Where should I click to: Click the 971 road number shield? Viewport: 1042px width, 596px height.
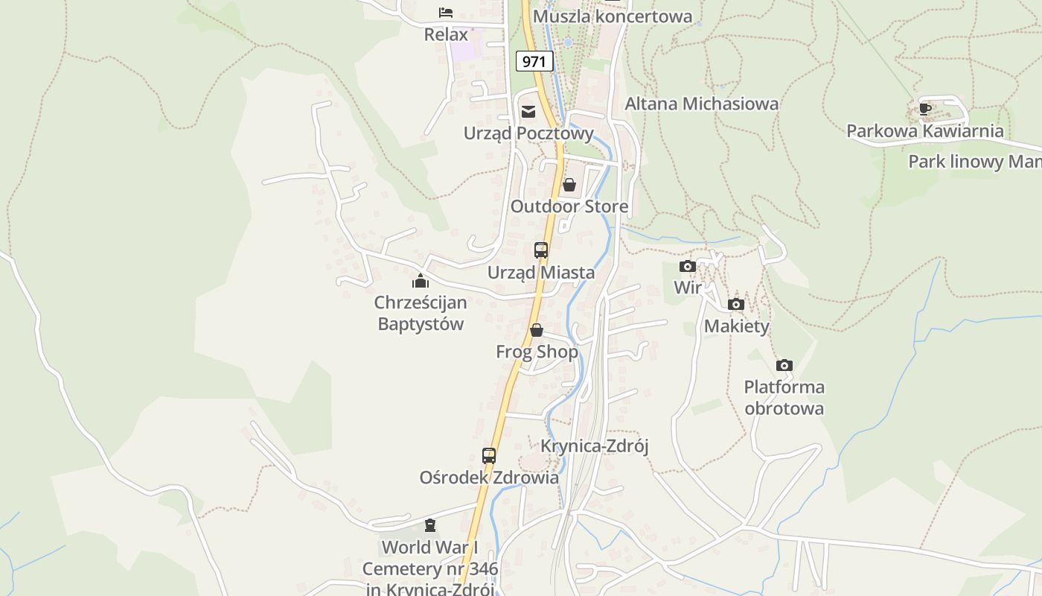(x=534, y=61)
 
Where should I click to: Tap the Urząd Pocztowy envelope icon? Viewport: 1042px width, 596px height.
(x=528, y=112)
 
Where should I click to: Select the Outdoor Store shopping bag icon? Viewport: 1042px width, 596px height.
(x=569, y=185)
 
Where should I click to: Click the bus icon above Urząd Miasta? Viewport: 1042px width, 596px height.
(x=541, y=250)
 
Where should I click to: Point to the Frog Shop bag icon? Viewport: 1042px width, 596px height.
(x=537, y=330)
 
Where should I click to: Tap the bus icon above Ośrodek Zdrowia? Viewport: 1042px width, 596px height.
(x=489, y=455)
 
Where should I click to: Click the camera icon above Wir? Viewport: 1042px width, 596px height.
(x=688, y=266)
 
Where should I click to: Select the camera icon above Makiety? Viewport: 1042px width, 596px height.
(x=736, y=304)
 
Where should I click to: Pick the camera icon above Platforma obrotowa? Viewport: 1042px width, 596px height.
(x=784, y=365)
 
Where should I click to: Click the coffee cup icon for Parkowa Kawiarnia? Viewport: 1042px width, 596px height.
(x=925, y=109)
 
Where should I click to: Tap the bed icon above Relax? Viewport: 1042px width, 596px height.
(x=446, y=13)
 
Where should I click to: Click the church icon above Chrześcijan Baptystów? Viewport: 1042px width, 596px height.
(x=421, y=281)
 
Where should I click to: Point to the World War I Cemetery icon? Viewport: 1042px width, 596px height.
(x=430, y=525)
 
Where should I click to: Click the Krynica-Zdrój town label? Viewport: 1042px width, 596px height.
(x=595, y=446)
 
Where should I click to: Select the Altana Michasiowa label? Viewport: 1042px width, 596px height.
(x=701, y=104)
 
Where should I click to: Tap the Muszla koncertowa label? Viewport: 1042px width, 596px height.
(x=613, y=16)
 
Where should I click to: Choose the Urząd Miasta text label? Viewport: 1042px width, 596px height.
(x=541, y=273)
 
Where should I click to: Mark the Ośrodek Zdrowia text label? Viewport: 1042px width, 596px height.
(x=489, y=478)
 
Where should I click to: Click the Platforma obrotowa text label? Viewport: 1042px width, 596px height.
(x=784, y=398)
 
